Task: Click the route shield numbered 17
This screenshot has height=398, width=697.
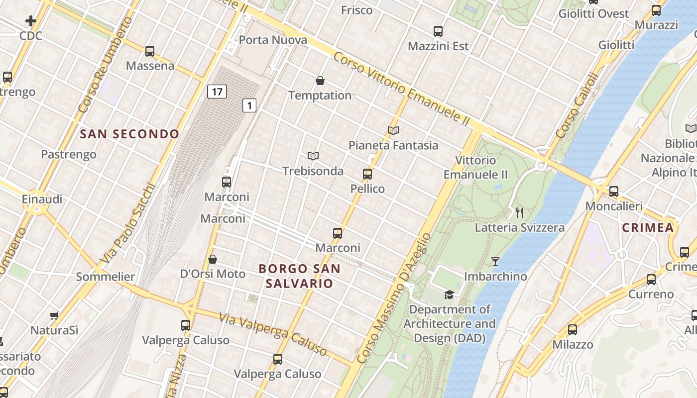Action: point(217,92)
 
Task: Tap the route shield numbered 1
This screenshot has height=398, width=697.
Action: point(249,105)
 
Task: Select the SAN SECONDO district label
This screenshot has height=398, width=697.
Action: point(129,134)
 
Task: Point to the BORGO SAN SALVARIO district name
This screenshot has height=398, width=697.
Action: point(300,276)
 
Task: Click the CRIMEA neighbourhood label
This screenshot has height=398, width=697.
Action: point(648,228)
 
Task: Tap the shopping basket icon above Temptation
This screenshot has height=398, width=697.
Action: point(320,81)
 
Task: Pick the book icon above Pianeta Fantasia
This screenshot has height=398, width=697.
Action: point(393,131)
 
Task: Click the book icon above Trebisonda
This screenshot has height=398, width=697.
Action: point(313,156)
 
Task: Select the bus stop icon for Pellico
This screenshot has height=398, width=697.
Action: point(367,174)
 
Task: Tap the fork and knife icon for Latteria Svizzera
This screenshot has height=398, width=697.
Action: point(520,213)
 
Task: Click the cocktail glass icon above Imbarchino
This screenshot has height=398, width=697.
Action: point(495,261)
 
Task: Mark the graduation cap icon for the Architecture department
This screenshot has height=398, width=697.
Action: point(449,295)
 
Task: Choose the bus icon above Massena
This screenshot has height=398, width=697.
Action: point(150,51)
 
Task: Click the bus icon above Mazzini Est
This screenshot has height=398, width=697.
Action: point(438,31)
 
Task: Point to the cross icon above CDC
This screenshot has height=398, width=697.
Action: point(31,21)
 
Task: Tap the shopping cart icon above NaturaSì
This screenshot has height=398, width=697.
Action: point(54,315)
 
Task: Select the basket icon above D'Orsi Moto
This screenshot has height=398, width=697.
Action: point(213,259)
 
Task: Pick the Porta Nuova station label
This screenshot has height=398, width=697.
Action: point(273,40)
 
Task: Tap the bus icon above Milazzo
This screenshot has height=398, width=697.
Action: point(573,329)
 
